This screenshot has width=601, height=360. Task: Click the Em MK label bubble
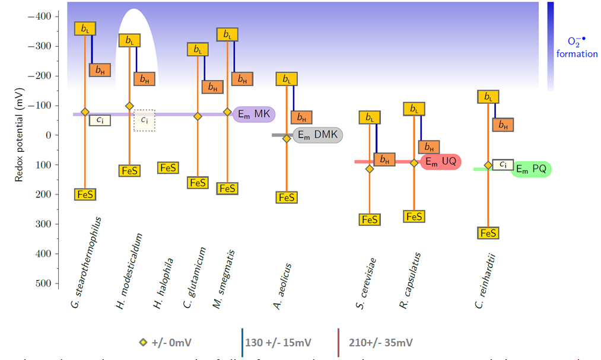tap(254, 114)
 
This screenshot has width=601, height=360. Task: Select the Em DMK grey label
tap(318, 135)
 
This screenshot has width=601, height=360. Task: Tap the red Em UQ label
tap(440, 161)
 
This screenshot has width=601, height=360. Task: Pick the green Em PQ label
tap(531, 169)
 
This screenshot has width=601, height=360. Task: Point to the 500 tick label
tap(43, 283)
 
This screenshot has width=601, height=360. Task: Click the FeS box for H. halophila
tap(168, 168)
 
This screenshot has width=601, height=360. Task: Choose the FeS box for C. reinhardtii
tap(487, 233)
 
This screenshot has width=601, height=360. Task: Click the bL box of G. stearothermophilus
tap(85, 28)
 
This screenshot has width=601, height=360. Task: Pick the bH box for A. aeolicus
tap(301, 117)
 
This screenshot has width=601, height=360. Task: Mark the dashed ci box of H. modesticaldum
tap(144, 120)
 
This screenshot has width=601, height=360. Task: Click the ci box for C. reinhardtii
tap(503, 164)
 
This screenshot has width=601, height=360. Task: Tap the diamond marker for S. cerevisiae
tap(370, 169)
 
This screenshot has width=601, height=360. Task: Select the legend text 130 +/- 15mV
tap(279, 343)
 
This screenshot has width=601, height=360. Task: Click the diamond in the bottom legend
tap(142, 343)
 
